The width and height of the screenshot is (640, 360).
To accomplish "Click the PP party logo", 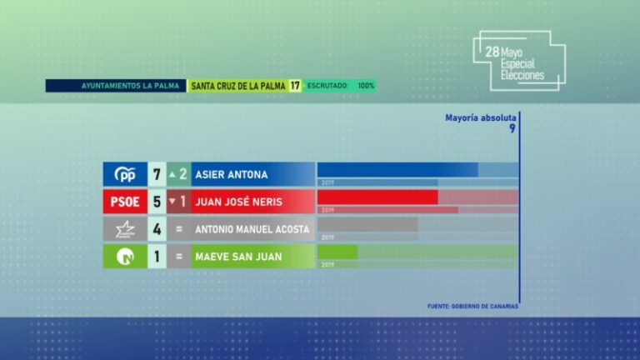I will [x=124, y=174].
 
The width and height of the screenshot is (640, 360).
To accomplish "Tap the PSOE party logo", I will [x=124, y=202].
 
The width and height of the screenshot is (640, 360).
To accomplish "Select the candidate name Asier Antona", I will [x=231, y=174].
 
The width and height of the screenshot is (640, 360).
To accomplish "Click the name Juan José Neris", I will [x=237, y=202].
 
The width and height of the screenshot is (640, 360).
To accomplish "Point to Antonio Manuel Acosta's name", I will [x=252, y=229].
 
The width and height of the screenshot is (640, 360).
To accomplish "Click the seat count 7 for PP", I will [x=156, y=174].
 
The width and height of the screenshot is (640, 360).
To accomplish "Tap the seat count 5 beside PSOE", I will [x=156, y=202].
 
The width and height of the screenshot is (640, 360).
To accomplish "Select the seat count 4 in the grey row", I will [x=156, y=229].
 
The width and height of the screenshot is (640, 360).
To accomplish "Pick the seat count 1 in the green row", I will [x=156, y=257].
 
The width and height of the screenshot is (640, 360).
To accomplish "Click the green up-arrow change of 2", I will [x=178, y=174].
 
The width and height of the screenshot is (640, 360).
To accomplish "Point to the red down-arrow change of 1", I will [x=178, y=202].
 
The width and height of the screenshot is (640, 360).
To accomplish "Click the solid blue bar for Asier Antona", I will [x=397, y=170].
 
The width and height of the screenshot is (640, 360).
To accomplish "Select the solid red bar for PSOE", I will [x=377, y=197].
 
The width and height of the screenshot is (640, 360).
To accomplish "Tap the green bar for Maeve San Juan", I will [x=337, y=252].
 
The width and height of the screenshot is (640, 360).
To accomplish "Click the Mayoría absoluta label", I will [x=481, y=118].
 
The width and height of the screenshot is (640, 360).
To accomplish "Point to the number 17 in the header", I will [x=295, y=86].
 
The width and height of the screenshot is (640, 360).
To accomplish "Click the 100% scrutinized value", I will [x=366, y=86].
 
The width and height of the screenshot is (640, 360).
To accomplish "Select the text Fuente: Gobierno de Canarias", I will [x=472, y=306].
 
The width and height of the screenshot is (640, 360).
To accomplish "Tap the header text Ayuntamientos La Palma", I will [x=117, y=86].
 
